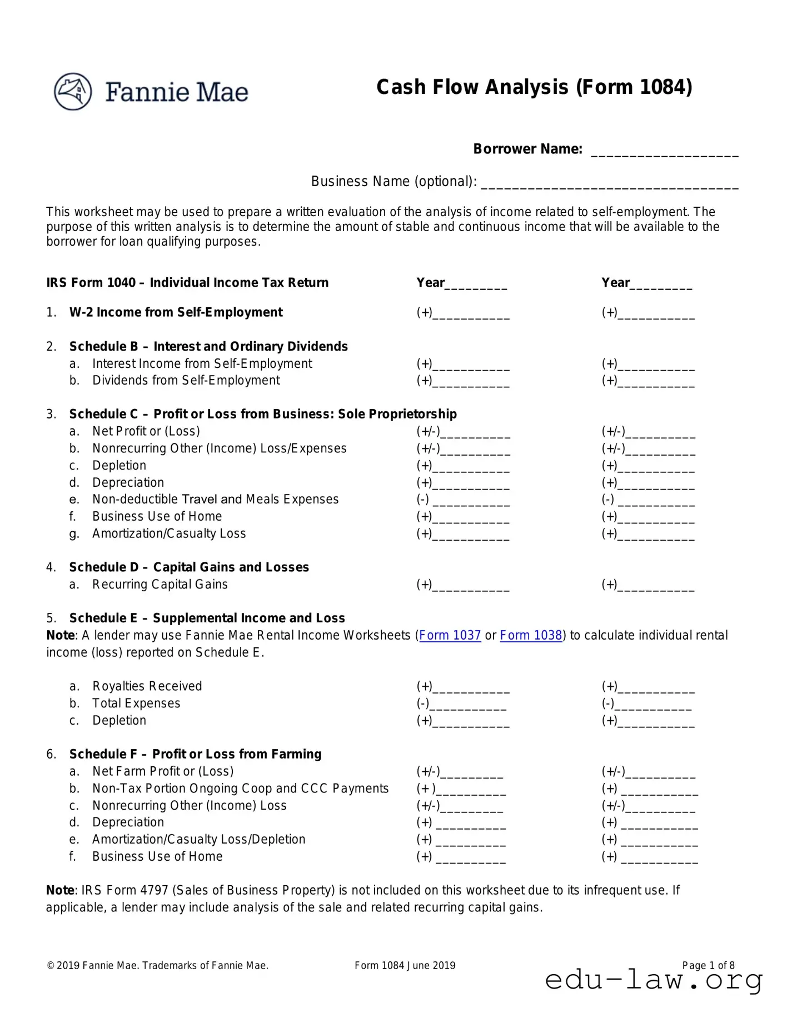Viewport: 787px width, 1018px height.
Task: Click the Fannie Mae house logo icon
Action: [73, 91]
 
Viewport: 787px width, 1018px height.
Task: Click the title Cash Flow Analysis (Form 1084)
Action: [534, 88]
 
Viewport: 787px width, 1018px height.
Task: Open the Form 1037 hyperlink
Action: [450, 635]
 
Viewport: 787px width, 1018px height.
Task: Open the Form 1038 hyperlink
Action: [531, 635]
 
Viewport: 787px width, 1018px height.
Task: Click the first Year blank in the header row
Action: [476, 286]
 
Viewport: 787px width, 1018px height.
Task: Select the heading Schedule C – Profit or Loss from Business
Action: [262, 414]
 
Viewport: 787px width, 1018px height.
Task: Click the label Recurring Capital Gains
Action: [160, 584]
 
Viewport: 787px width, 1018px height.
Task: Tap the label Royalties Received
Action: [147, 686]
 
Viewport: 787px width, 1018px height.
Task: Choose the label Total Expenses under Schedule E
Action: [136, 703]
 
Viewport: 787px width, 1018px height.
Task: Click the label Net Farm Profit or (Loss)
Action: [162, 771]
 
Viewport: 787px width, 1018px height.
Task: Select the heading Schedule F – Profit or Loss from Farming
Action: [195, 754]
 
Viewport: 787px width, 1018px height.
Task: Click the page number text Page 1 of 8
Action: [708, 965]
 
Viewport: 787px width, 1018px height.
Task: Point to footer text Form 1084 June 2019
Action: [405, 965]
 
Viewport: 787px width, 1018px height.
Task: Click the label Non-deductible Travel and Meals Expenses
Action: [215, 499]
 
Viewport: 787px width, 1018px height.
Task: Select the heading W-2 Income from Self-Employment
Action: [176, 312]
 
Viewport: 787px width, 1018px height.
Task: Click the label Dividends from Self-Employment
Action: [186, 380]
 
